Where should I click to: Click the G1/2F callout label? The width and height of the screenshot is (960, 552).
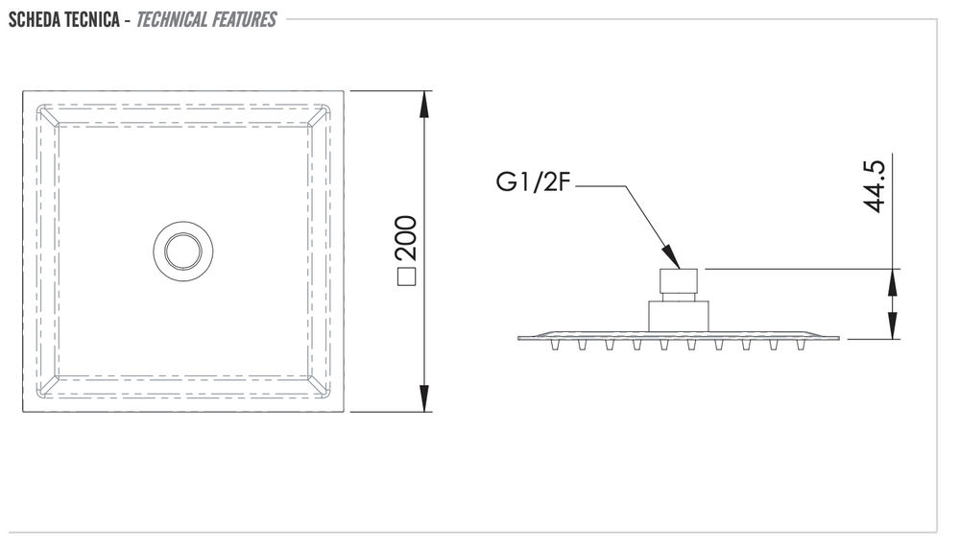click(x=534, y=183)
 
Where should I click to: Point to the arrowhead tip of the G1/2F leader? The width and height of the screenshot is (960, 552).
click(x=677, y=265)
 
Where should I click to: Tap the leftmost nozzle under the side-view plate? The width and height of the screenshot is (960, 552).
click(x=555, y=343)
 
